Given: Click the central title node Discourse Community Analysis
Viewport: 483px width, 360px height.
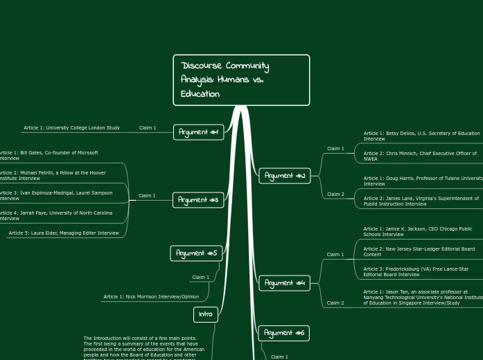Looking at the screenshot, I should coord(240,80).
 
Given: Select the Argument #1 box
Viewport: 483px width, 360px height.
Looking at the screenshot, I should coord(198,132).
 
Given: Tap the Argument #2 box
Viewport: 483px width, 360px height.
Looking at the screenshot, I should coord(285,176).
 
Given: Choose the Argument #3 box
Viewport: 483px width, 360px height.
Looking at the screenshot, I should coord(198,200).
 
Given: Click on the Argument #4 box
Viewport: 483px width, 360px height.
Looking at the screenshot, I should coord(285,282).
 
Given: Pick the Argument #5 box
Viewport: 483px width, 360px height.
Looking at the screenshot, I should coord(196,253).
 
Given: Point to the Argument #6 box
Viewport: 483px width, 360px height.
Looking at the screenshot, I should coord(284,333).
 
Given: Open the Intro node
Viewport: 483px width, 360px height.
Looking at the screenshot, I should coord(206,314).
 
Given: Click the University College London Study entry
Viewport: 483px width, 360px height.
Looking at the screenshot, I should coord(71,127).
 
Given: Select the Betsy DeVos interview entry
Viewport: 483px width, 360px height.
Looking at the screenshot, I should coord(421,136).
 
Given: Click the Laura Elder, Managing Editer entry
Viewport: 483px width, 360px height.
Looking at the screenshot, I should coord(64,233).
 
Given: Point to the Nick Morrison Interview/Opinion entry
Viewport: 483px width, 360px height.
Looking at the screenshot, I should coord(151,296).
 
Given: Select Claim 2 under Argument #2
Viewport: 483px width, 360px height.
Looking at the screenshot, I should coord(335,194).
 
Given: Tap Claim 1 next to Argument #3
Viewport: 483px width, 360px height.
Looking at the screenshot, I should coord(147,196).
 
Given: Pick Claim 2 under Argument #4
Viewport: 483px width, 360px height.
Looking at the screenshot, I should coord(335,303).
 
